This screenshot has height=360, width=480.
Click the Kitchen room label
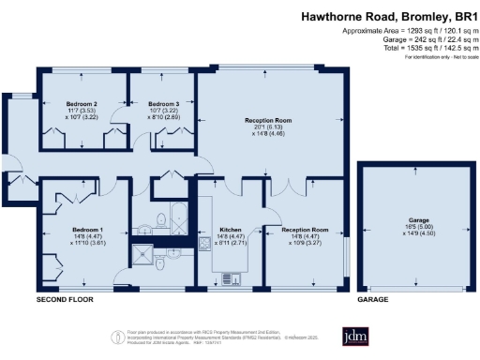(231, 229)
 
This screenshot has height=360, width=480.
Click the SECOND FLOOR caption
(62, 299)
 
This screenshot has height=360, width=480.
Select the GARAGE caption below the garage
(372, 299)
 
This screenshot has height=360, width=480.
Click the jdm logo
(354, 337)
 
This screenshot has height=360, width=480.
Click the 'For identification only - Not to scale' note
(440, 57)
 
